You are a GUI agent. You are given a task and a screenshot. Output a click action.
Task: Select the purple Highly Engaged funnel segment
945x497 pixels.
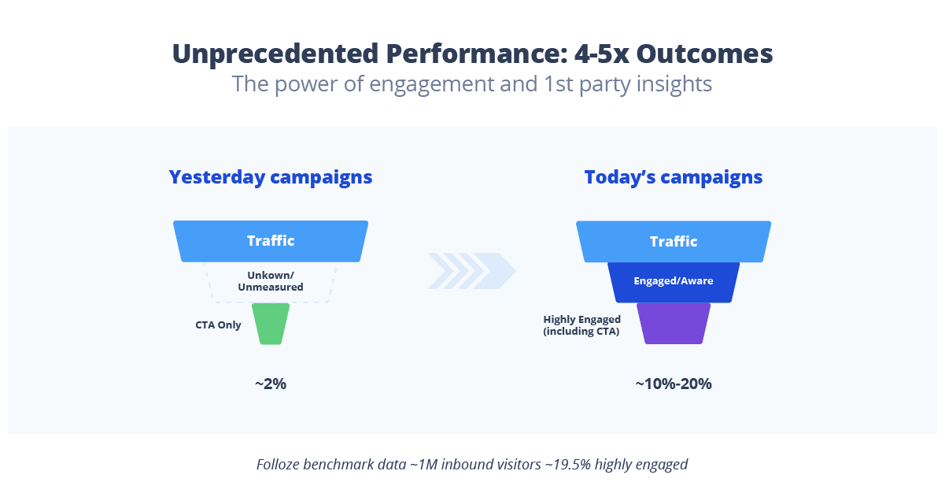point(674,324)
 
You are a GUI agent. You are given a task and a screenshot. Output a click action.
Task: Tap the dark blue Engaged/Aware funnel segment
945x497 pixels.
point(674,281)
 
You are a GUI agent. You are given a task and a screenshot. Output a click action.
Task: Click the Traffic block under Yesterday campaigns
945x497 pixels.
point(271,241)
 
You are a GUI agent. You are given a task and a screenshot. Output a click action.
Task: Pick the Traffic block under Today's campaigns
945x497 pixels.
point(674,241)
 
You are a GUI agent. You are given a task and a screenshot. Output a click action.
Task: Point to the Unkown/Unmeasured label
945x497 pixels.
point(271,281)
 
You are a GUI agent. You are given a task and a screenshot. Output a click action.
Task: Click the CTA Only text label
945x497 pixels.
point(218,325)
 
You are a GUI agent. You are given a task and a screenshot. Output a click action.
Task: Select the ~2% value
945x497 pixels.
point(271,384)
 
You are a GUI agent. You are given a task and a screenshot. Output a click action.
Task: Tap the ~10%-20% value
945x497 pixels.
point(674,384)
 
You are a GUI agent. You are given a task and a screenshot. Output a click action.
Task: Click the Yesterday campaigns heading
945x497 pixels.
point(271,177)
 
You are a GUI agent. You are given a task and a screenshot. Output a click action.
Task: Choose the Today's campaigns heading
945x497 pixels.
point(674,177)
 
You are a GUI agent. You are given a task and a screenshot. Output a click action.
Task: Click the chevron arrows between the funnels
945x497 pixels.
point(471,271)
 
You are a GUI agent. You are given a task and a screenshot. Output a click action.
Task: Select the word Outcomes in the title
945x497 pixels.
point(704,54)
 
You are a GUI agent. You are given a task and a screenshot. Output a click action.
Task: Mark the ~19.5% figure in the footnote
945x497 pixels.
point(566,465)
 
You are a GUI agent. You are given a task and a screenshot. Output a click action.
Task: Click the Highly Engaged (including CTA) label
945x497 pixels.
point(582,325)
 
